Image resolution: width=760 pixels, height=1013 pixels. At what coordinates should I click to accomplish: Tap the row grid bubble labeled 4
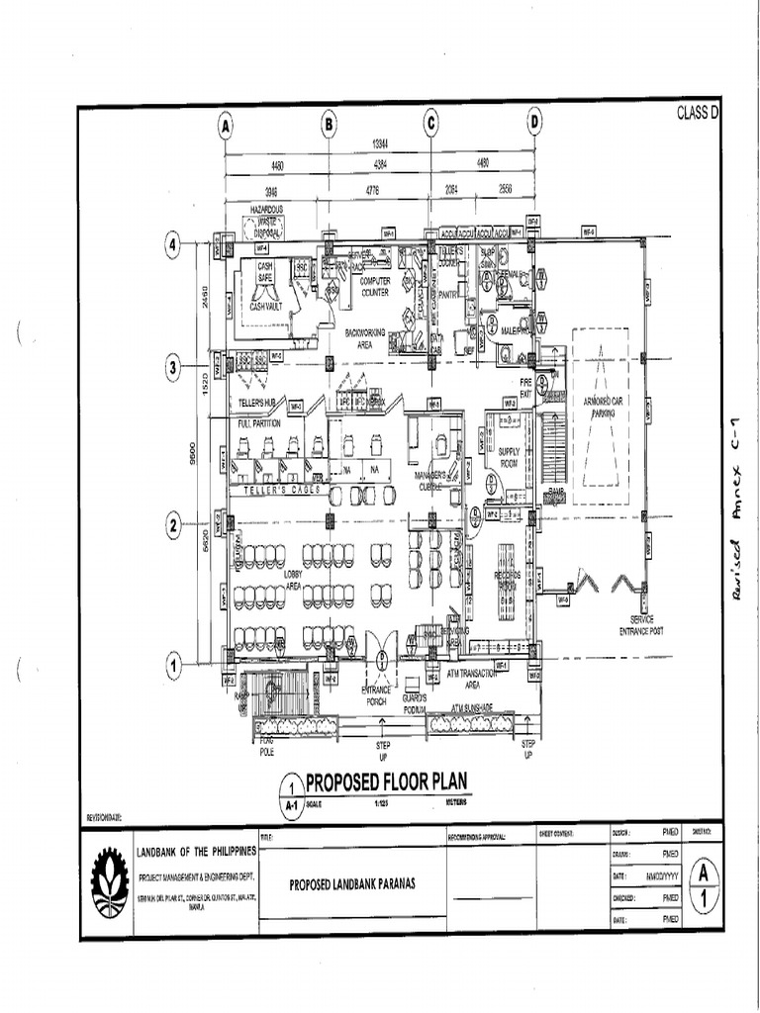173,246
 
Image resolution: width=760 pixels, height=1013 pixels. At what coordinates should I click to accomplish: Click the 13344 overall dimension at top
379,145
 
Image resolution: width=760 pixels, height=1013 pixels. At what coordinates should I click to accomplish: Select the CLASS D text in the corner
697,113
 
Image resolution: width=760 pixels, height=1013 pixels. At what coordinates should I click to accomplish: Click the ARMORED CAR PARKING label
603,409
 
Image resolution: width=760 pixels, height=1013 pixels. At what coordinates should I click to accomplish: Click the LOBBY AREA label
293,580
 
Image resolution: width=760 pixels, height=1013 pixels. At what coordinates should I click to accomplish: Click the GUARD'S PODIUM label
414,702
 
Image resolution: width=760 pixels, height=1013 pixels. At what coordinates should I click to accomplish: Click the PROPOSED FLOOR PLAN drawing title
381,782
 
